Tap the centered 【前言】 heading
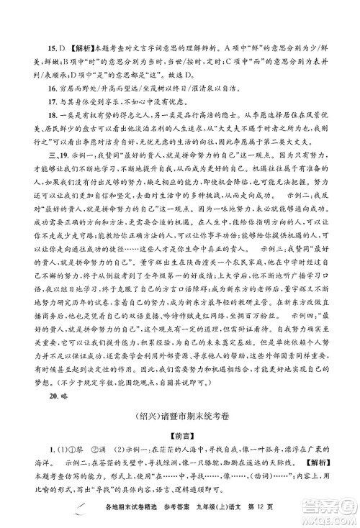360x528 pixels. click(x=180, y=417)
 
